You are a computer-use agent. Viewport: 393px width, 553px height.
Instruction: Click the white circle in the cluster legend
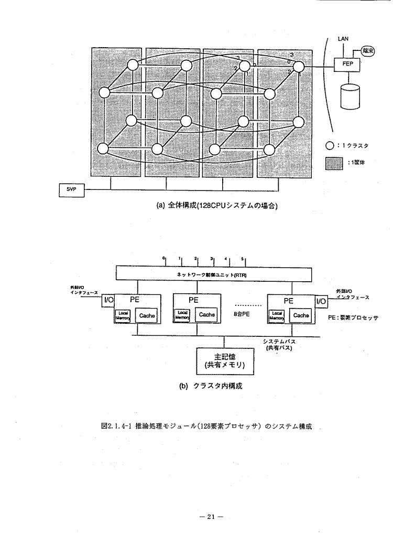tap(330, 145)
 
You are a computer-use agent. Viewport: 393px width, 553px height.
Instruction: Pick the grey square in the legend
tap(333, 162)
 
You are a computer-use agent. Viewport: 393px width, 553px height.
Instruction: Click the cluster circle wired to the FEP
tap(299, 67)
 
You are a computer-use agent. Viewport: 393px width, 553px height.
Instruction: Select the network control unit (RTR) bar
tap(213, 274)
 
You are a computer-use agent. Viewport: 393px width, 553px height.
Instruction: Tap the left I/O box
tap(108, 301)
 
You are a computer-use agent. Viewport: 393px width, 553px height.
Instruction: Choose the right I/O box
tap(320, 301)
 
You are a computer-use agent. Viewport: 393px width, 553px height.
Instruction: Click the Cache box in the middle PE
tap(206, 314)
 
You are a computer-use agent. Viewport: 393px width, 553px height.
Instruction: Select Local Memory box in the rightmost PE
tap(276, 315)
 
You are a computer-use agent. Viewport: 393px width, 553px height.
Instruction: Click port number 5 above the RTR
tap(242, 259)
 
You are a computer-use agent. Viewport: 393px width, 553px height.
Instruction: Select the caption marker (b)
tap(183, 386)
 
